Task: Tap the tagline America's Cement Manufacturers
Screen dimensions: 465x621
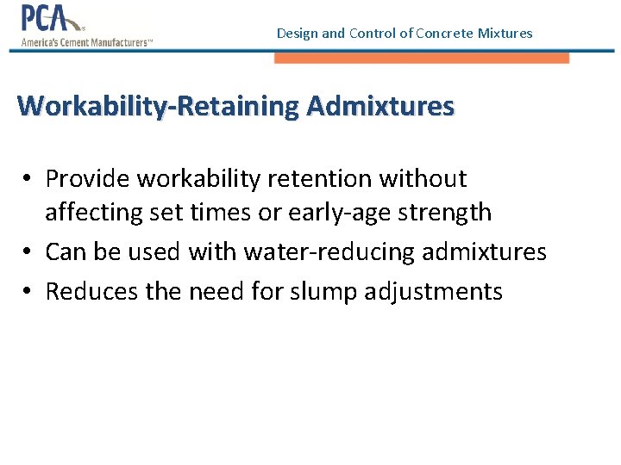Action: point(86,41)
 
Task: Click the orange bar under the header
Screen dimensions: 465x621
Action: point(422,58)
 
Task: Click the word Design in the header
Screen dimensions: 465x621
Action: point(297,34)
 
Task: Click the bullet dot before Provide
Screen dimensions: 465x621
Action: point(28,179)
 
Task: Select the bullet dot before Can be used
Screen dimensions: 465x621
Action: point(28,252)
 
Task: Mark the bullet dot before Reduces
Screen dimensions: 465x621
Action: point(28,292)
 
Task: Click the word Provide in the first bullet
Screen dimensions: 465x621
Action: point(88,179)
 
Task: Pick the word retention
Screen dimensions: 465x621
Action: point(329,179)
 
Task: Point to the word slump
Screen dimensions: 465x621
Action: point(326,292)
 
